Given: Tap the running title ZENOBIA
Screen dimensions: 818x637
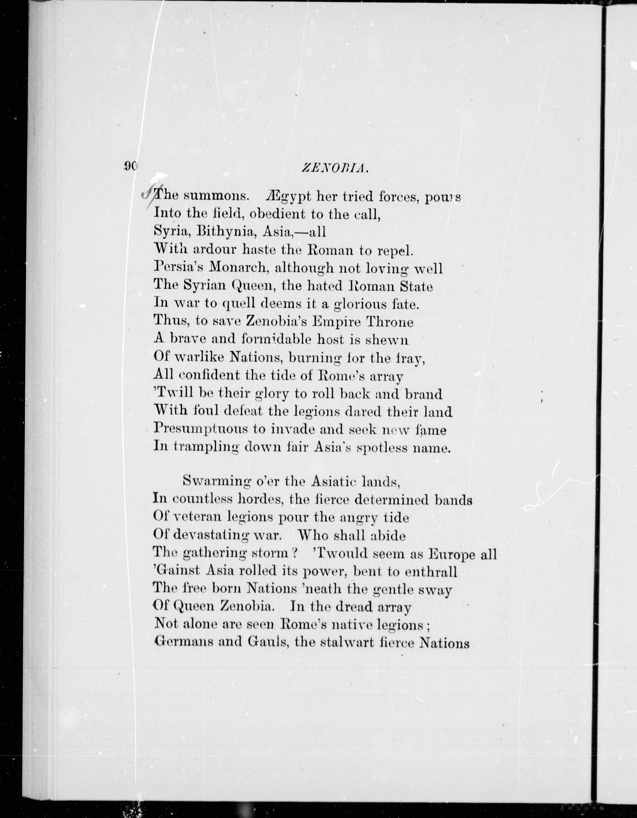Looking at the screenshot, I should (335, 169).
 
